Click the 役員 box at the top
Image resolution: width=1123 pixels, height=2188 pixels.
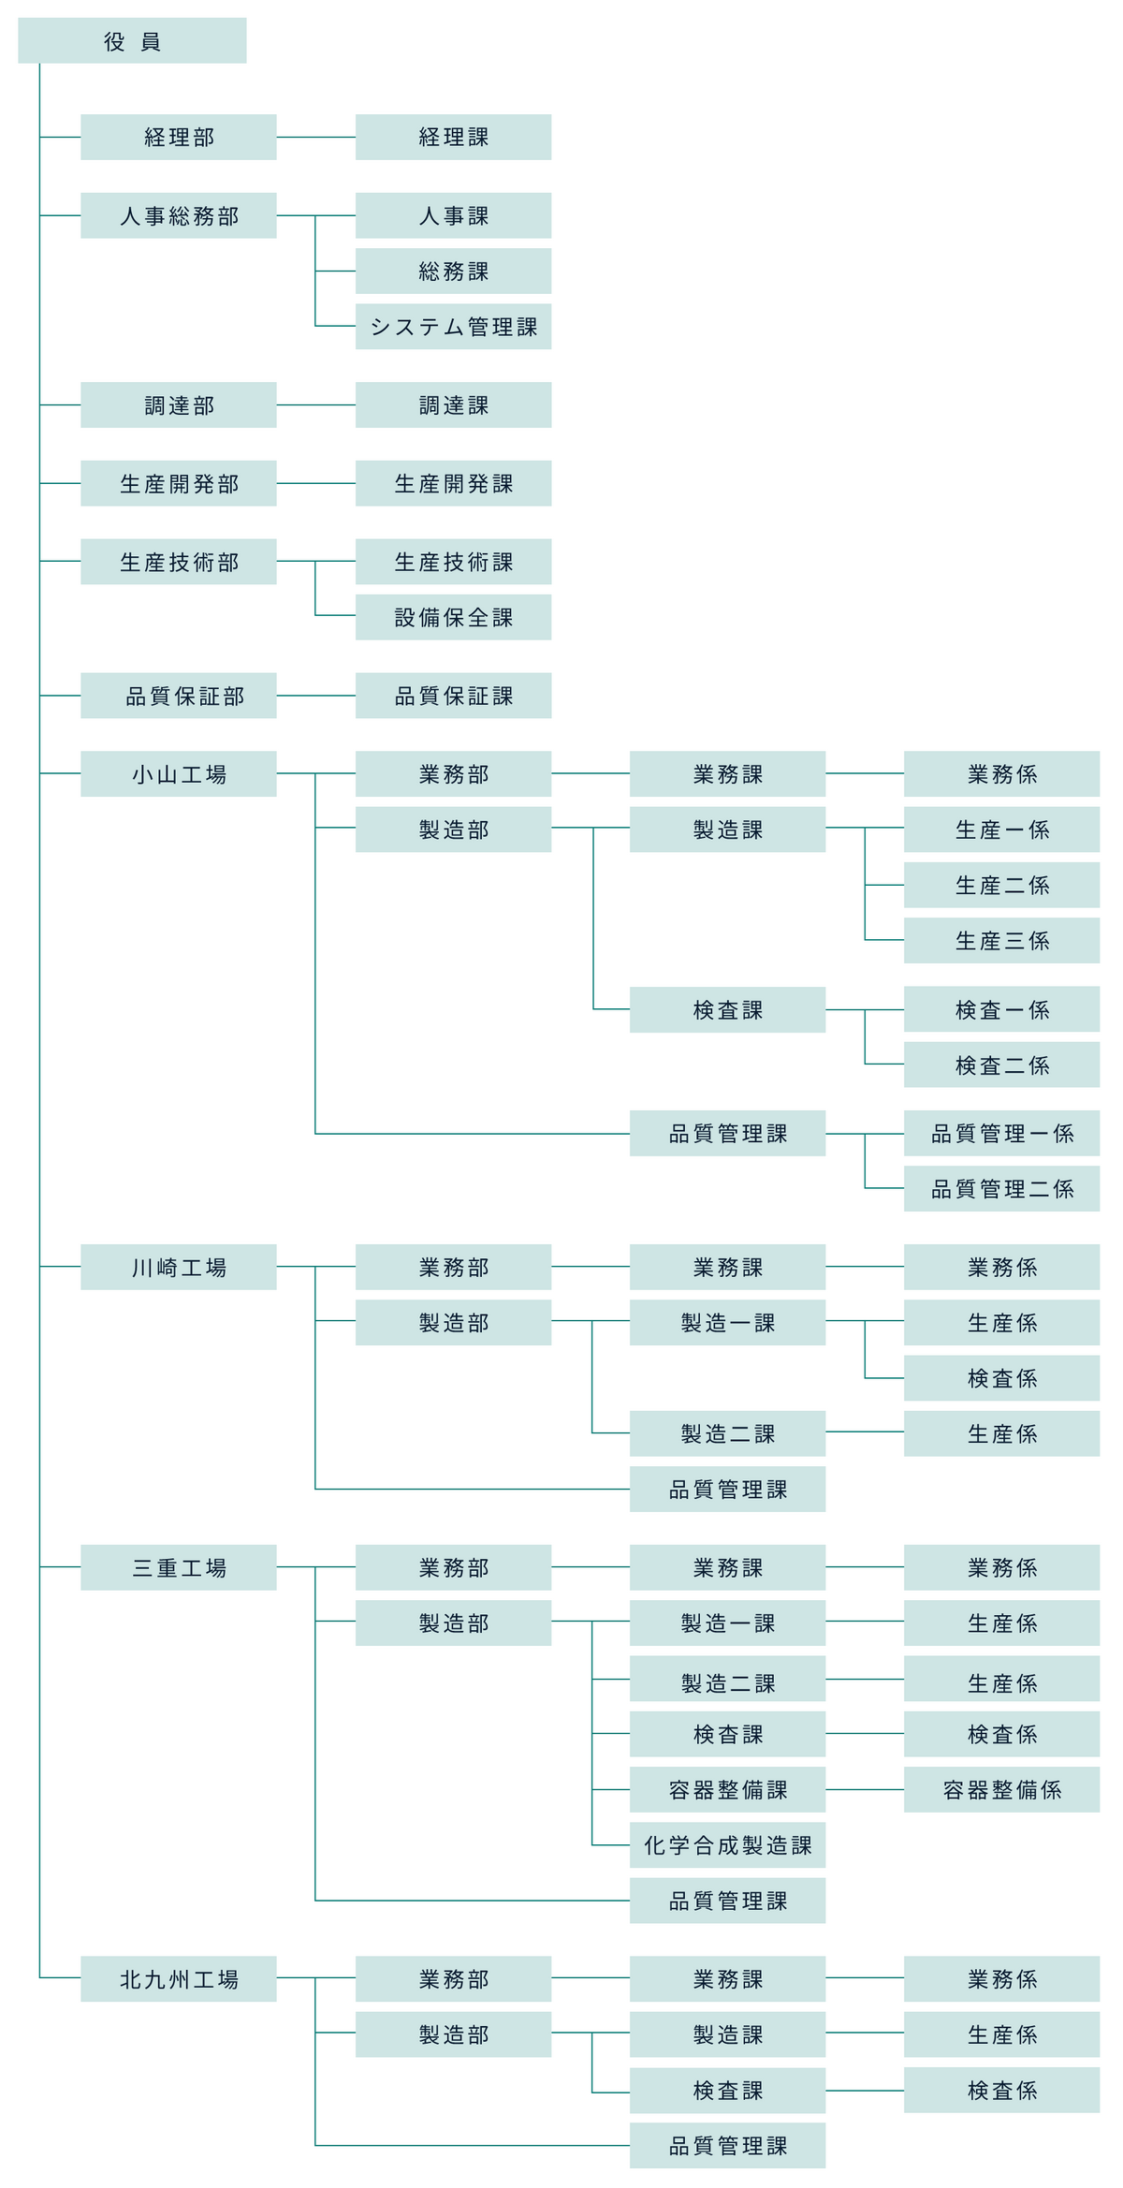132,40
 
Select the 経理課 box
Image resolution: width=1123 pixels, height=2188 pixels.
453,137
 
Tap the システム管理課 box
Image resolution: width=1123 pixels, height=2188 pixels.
453,326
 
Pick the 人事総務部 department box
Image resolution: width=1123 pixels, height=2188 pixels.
179,215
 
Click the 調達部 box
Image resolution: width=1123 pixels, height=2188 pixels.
179,404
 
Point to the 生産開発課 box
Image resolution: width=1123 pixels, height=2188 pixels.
453,483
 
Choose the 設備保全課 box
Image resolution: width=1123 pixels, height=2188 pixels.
453,617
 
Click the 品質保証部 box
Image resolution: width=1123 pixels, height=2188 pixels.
179,696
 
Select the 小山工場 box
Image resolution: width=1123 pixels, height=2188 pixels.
179,773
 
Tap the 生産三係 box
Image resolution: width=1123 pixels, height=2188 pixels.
1001,940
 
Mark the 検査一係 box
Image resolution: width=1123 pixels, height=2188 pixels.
1001,1009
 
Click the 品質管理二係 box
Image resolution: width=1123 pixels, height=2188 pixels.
1001,1188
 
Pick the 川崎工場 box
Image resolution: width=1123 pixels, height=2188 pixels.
179,1267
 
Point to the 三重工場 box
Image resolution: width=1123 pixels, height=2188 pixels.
179,1567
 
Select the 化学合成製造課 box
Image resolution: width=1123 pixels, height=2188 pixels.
727,1844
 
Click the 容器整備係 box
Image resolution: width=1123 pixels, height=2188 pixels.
1001,1789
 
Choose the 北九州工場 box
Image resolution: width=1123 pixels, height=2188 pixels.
179,1978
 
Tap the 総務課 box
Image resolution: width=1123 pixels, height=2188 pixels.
453,271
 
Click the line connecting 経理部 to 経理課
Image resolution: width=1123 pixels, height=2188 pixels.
315,137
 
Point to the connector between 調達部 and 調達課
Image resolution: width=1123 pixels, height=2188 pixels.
315,404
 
